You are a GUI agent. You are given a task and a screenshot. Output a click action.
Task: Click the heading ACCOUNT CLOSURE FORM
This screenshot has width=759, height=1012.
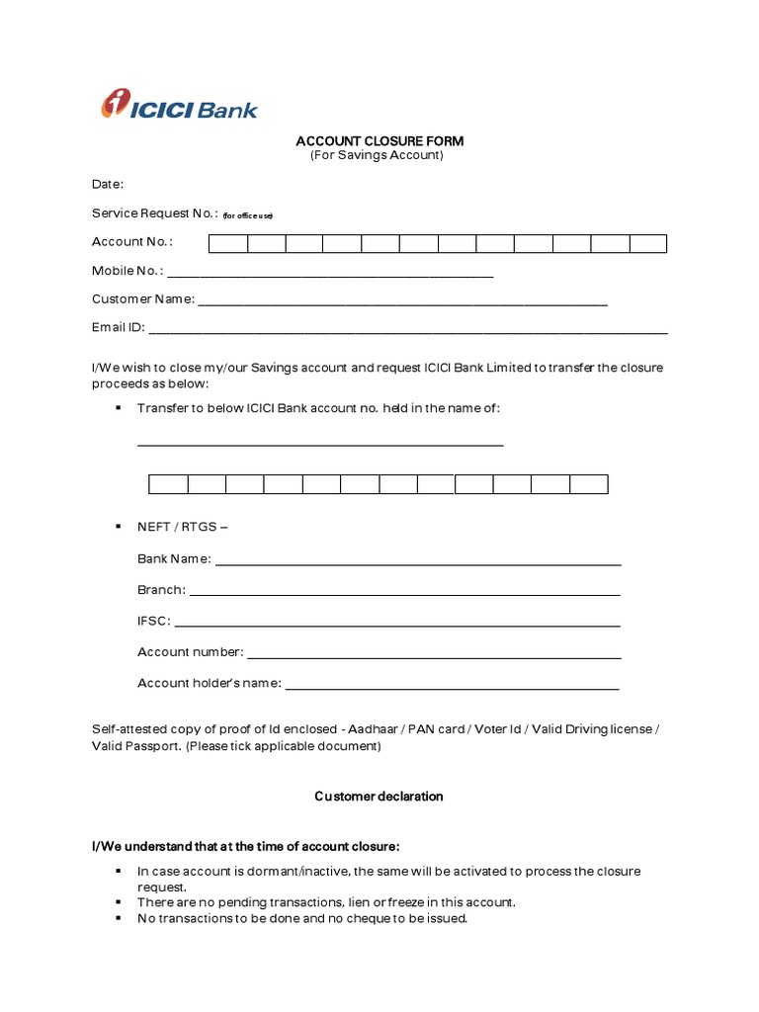tap(379, 141)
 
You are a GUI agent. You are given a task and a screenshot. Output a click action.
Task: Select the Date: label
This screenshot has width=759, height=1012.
tap(108, 184)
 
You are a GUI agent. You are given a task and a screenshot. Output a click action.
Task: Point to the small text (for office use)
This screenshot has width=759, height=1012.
tap(247, 215)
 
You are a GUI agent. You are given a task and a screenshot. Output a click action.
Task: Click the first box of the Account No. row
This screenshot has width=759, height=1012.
tap(227, 243)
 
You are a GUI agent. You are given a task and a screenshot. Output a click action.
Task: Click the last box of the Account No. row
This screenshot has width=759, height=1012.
tap(648, 243)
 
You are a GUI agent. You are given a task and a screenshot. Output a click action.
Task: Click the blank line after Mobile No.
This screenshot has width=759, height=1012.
tap(331, 276)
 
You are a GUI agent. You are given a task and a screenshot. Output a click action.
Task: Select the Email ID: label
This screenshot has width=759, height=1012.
tap(119, 327)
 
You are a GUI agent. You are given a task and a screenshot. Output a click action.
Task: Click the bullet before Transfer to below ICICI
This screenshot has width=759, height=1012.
tap(118, 407)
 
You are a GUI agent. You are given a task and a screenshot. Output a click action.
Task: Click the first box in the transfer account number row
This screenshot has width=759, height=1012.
tap(168, 484)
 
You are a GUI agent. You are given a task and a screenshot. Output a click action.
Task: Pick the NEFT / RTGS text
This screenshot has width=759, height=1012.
tap(182, 527)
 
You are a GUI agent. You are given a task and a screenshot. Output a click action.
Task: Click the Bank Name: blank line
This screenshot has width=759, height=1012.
tap(418, 563)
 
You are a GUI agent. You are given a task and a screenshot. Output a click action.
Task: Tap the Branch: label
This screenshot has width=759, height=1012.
tap(160, 590)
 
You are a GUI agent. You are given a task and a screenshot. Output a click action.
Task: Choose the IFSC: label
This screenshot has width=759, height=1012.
tap(153, 621)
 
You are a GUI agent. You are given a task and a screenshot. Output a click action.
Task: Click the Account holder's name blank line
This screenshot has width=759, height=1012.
tap(452, 687)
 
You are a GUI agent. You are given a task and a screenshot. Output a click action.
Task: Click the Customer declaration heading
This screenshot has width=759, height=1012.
tap(379, 797)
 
